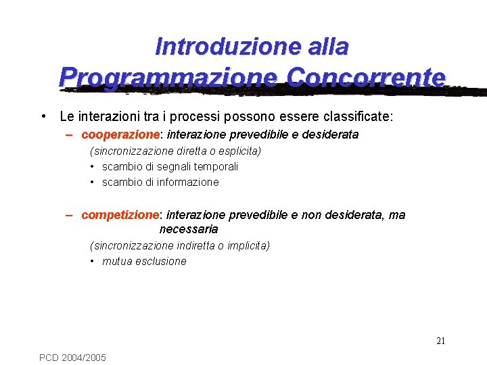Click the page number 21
(440, 341)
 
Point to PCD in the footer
(49, 357)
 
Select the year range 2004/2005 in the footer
(84, 357)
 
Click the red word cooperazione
(119, 135)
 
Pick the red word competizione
(119, 215)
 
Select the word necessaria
(189, 229)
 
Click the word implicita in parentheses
(246, 245)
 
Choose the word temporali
(216, 166)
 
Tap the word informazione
(189, 182)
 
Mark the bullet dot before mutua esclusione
(92, 262)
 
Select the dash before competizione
(70, 215)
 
